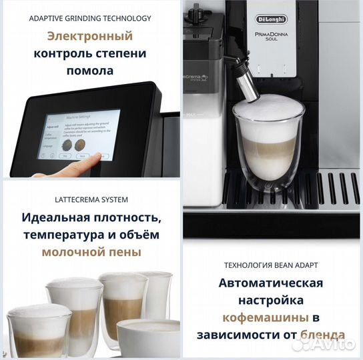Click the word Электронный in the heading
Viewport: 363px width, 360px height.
(x=90, y=36)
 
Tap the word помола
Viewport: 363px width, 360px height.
(x=90, y=71)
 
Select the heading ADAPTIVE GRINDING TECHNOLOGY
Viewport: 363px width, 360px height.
(x=90, y=18)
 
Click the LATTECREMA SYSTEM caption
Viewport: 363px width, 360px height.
(x=90, y=199)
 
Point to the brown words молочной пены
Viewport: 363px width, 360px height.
(x=91, y=252)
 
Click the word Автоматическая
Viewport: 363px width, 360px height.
(x=271, y=283)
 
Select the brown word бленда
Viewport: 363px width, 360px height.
(x=324, y=335)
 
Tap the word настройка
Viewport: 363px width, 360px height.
(x=271, y=301)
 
